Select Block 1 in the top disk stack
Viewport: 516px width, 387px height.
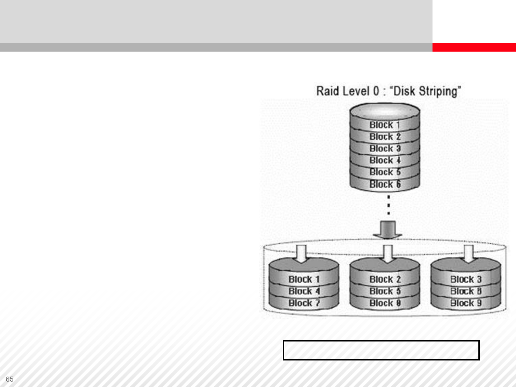(384, 125)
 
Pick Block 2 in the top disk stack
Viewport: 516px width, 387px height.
(384, 137)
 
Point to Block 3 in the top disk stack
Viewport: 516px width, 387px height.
(384, 148)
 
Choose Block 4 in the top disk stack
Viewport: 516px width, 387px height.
(384, 160)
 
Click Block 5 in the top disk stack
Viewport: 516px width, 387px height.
(384, 172)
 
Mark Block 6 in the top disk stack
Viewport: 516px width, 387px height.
(384, 184)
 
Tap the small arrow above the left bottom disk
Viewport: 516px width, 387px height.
(302, 253)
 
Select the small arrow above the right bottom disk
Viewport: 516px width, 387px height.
(469, 253)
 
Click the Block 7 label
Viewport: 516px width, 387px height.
(304, 303)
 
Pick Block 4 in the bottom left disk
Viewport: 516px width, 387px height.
(304, 291)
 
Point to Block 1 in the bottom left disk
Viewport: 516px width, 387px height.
(304, 279)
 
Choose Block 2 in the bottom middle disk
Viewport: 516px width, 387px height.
(385, 279)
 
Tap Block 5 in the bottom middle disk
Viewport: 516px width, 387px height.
(385, 291)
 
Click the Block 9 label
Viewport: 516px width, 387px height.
(466, 303)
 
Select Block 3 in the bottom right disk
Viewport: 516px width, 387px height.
(466, 279)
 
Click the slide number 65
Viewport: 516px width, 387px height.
(10, 379)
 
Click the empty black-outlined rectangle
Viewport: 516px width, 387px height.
(381, 350)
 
